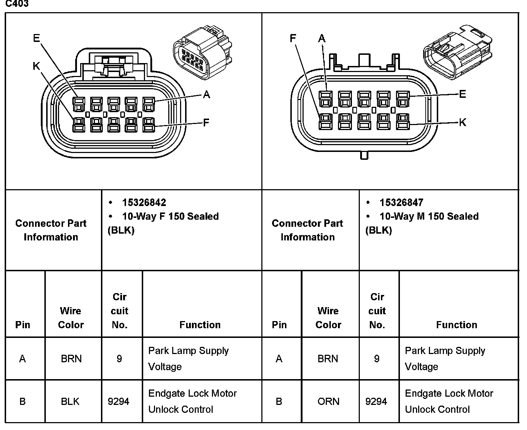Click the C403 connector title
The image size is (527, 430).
pos(17,4)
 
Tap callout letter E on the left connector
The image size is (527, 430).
pos(37,38)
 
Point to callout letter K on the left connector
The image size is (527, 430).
pos(36,66)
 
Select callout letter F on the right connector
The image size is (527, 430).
pos(293,38)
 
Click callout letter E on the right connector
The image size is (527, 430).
pos(463,94)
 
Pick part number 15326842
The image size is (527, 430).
pos(144,202)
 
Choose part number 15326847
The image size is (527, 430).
pos(401,202)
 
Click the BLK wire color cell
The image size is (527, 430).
pos(70,401)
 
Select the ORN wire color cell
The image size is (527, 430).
pos(328,401)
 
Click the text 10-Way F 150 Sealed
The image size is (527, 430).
pos(170,216)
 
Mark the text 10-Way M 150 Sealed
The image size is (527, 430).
pos(429,216)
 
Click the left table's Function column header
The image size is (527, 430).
pos(200,325)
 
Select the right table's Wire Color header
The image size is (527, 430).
pos(328,318)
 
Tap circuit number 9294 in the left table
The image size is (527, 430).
pos(119,401)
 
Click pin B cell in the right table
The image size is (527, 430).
pos(279,401)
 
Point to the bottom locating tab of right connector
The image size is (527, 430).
pos(364,155)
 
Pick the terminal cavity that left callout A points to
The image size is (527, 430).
pos(149,104)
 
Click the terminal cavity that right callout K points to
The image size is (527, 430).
pos(403,121)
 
